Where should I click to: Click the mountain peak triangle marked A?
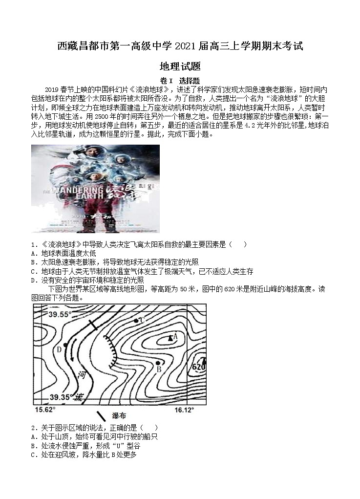click(170, 337)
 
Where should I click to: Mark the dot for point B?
click(158, 362)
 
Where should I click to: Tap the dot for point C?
click(136, 321)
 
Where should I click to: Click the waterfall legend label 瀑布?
click(119, 415)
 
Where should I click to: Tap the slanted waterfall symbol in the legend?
click(101, 416)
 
